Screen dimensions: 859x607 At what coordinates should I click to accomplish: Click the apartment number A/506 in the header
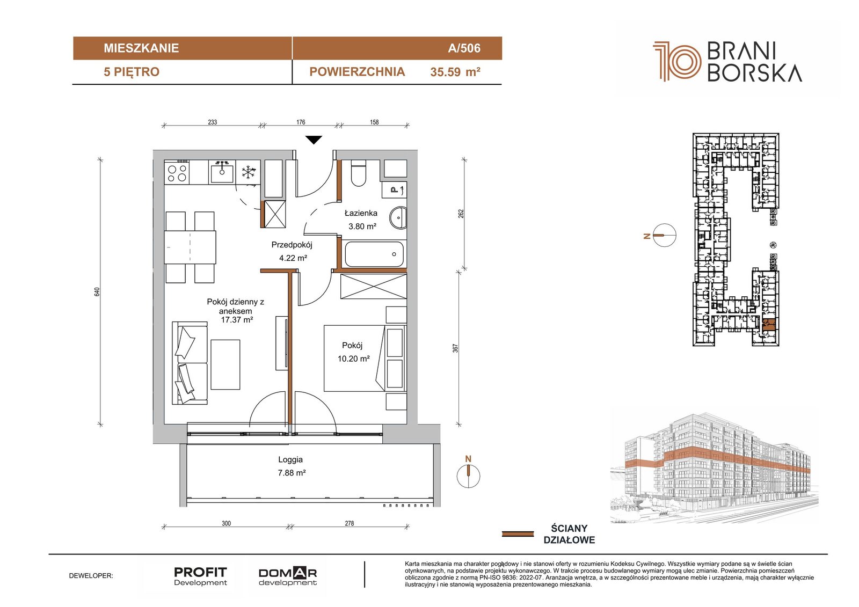(464, 48)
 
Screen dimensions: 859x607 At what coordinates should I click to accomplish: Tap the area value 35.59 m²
(455, 72)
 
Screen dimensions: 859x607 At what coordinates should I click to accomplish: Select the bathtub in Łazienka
(374, 254)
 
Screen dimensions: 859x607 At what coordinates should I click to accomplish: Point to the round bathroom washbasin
(398, 218)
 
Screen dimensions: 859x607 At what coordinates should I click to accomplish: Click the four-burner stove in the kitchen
(177, 173)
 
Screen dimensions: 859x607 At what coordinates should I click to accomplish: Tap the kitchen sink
(221, 172)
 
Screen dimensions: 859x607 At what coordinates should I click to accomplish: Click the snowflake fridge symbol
(249, 172)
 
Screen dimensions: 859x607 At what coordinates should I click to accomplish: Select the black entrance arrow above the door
(314, 140)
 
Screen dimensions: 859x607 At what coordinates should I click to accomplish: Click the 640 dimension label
(97, 291)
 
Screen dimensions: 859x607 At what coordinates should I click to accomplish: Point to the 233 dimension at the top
(213, 122)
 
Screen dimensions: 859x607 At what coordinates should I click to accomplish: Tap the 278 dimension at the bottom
(350, 523)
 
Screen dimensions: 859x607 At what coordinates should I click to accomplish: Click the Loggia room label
(290, 459)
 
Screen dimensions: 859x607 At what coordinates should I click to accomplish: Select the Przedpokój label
(292, 245)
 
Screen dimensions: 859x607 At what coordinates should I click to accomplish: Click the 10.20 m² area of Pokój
(354, 359)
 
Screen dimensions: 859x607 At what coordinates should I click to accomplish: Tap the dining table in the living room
(190, 247)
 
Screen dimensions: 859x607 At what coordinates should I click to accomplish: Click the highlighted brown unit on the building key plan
(768, 324)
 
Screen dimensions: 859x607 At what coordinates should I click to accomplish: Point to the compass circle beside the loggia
(468, 476)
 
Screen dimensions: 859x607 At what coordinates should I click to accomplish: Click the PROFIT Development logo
(200, 576)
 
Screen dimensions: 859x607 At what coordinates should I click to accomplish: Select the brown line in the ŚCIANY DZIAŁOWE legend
(518, 534)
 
